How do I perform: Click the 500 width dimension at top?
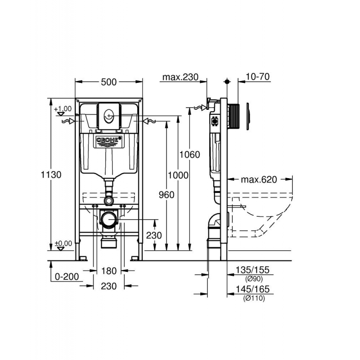[108, 82]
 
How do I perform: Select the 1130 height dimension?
[51, 175]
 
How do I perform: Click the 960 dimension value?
[167, 194]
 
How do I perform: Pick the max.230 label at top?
[180, 77]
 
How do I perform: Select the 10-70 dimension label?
[258, 77]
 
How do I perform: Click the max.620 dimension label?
[258, 180]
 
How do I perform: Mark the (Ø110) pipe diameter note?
[253, 298]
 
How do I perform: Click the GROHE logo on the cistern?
[108, 140]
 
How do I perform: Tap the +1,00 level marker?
[63, 109]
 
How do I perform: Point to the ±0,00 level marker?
[63, 243]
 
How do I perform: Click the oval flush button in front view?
[108, 116]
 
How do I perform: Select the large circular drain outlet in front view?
[108, 219]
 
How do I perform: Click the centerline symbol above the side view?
[227, 82]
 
